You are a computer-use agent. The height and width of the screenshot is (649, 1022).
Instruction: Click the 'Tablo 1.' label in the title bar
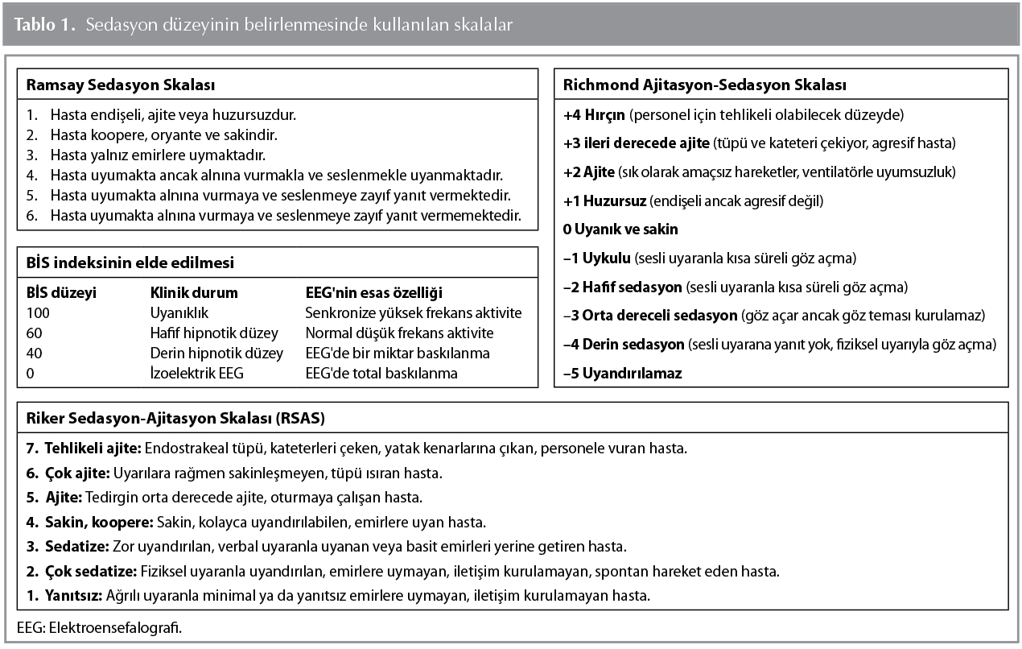point(44,25)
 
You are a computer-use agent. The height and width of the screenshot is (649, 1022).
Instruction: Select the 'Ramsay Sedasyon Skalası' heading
point(121,85)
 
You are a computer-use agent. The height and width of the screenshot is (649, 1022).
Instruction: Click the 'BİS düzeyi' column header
point(61,293)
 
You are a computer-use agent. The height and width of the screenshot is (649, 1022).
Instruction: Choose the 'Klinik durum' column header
point(194,293)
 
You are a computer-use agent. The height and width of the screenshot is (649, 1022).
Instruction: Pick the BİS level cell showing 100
point(38,312)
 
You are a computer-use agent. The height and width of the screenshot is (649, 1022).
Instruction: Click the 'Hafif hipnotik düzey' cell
point(214,333)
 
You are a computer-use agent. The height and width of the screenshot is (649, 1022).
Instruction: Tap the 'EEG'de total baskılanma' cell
point(381,373)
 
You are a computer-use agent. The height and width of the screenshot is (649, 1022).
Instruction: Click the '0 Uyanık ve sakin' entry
point(620,229)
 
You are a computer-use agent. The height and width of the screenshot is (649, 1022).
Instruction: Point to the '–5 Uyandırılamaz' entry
point(622,374)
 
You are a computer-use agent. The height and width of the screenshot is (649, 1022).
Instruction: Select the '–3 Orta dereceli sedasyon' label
point(650,316)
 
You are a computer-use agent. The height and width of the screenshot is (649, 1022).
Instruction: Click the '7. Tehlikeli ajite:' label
point(84,448)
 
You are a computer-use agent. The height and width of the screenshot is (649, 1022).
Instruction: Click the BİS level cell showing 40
point(34,353)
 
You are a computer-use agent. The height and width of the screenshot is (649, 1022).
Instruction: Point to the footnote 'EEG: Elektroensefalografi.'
point(99,627)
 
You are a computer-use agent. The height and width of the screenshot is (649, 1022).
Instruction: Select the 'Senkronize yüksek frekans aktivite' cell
point(414,312)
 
